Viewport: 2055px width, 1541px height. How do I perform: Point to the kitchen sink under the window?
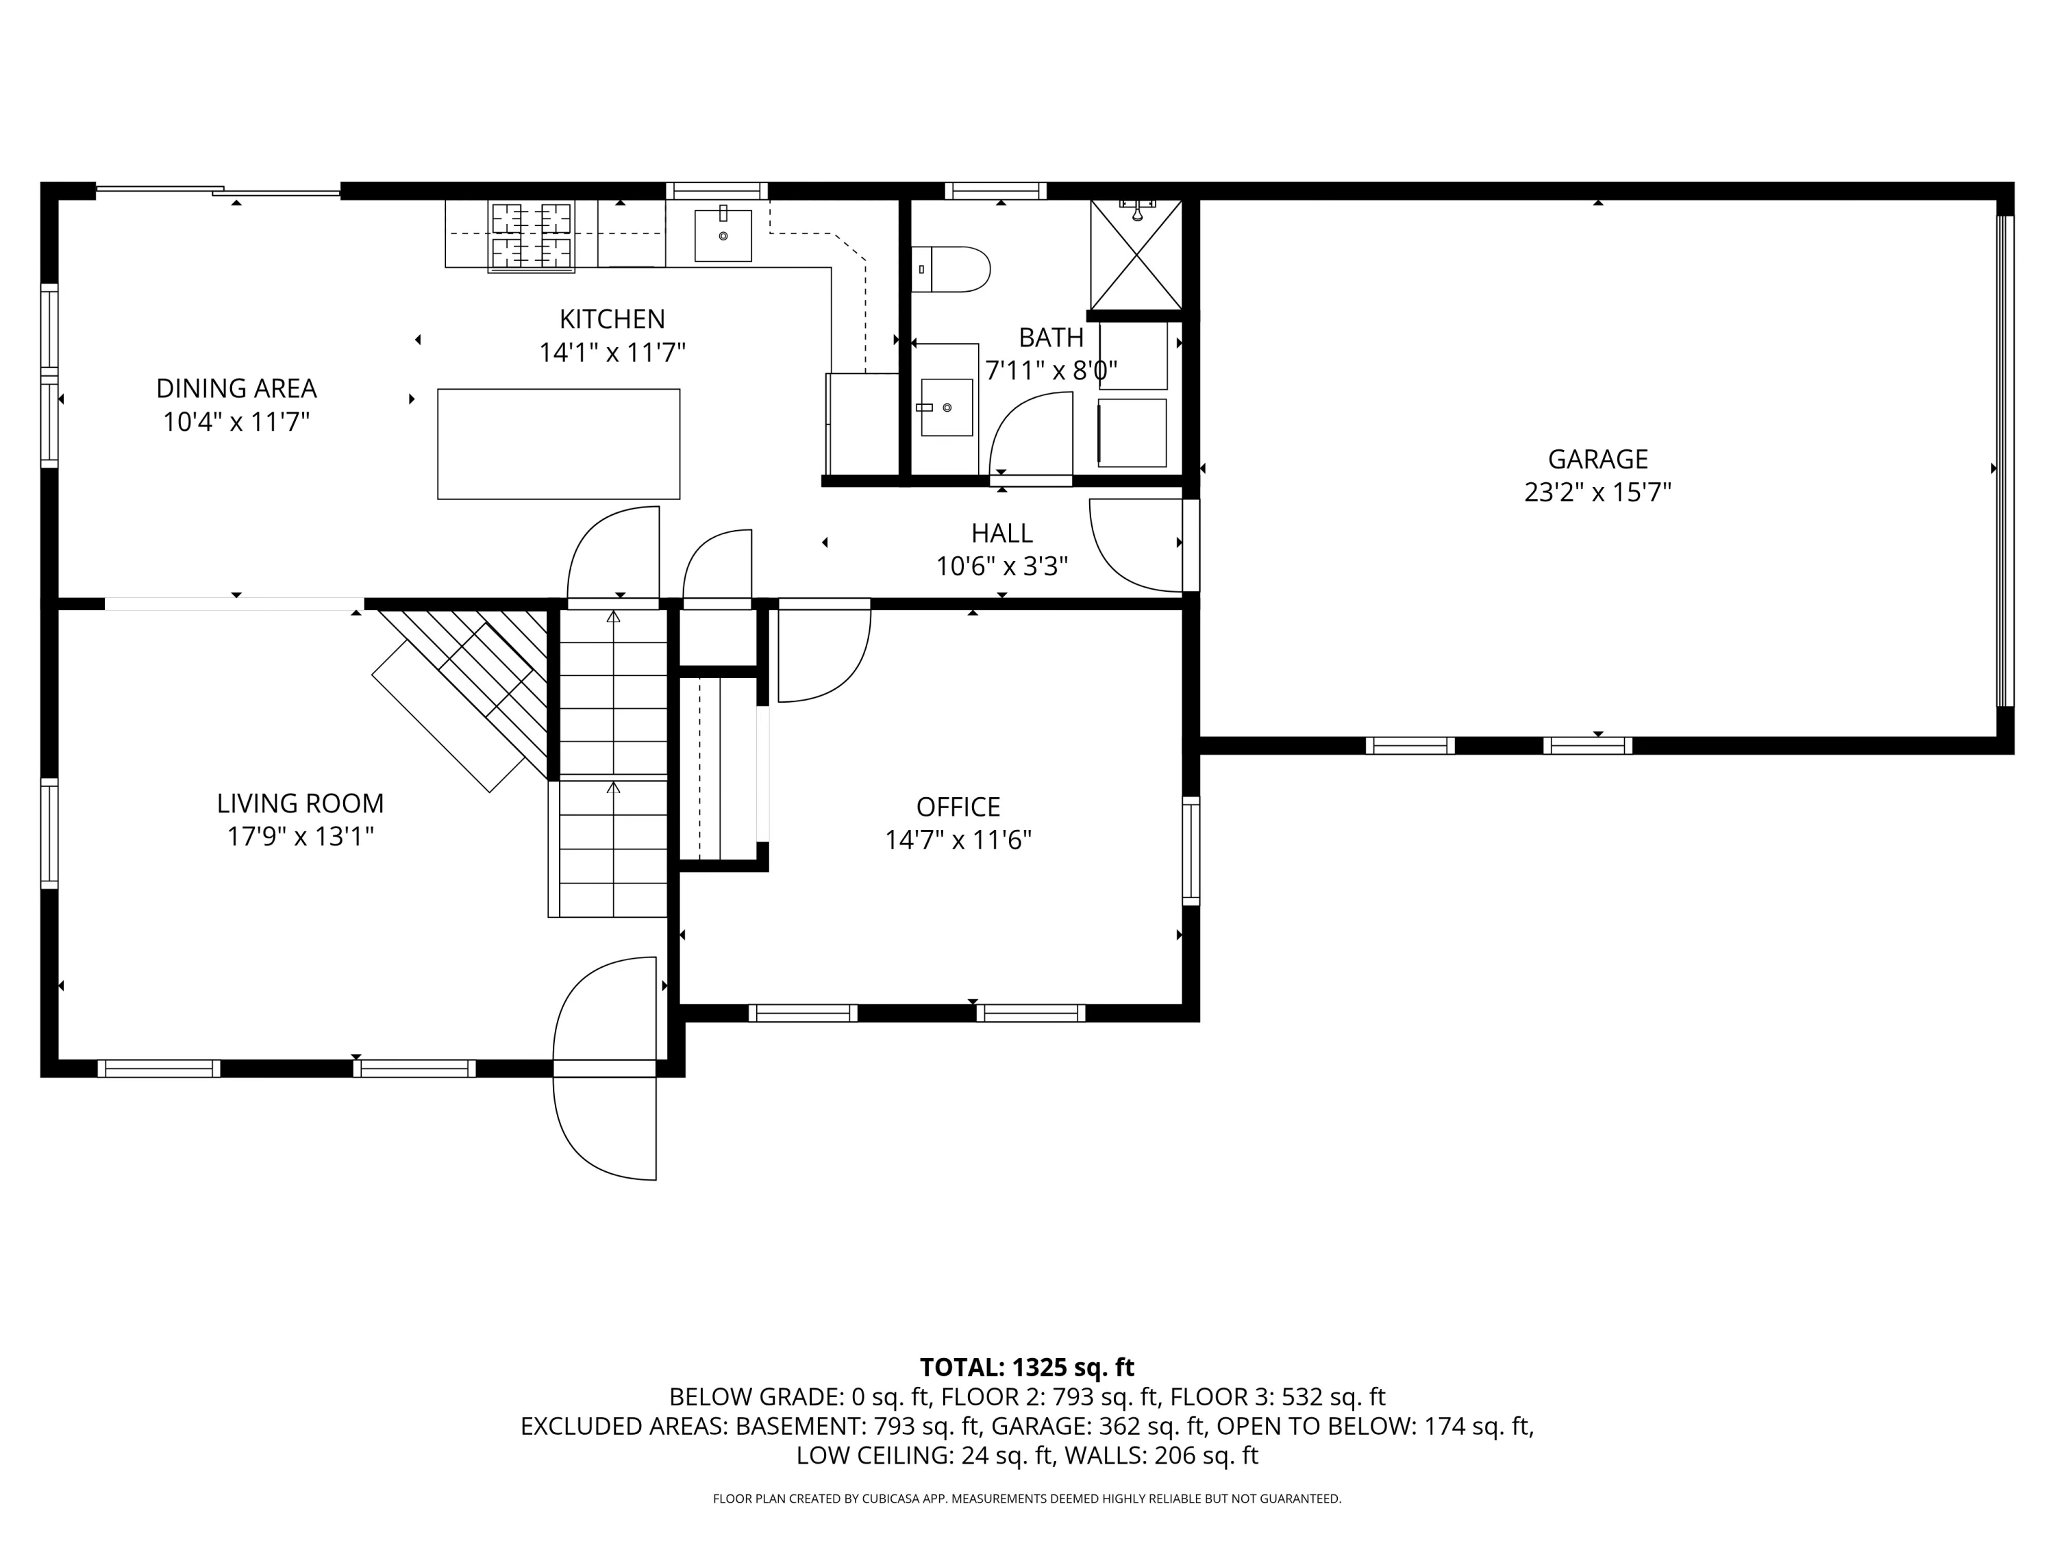[x=723, y=235]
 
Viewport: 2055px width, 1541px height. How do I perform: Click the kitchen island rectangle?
[x=558, y=444]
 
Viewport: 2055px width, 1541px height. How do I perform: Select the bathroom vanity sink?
[x=946, y=407]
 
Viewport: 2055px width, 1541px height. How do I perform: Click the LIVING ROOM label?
[x=300, y=803]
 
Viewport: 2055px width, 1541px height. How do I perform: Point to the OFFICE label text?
[x=958, y=806]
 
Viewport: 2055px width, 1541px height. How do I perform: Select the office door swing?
[x=823, y=655]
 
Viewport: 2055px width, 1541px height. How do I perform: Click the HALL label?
[x=1001, y=533]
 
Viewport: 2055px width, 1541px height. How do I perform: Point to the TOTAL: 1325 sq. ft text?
[x=1027, y=1367]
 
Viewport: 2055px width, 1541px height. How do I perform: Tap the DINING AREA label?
[x=236, y=388]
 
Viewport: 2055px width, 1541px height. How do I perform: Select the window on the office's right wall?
[x=1190, y=850]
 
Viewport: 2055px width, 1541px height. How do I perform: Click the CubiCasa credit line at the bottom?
[x=1027, y=1499]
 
